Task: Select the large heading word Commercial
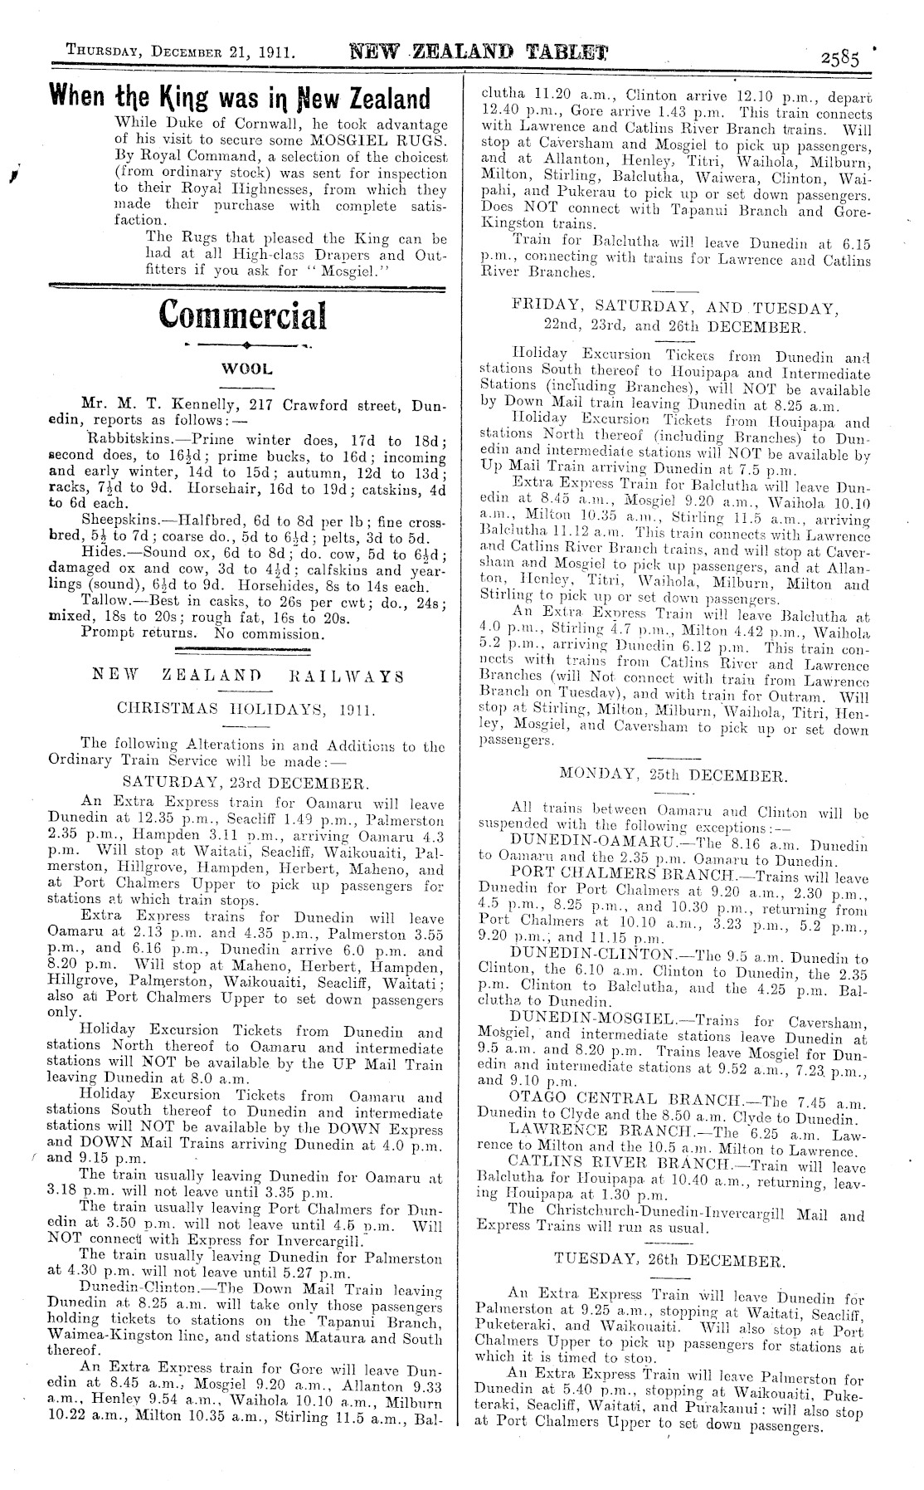click(x=242, y=314)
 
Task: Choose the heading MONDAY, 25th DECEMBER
click(x=672, y=774)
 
